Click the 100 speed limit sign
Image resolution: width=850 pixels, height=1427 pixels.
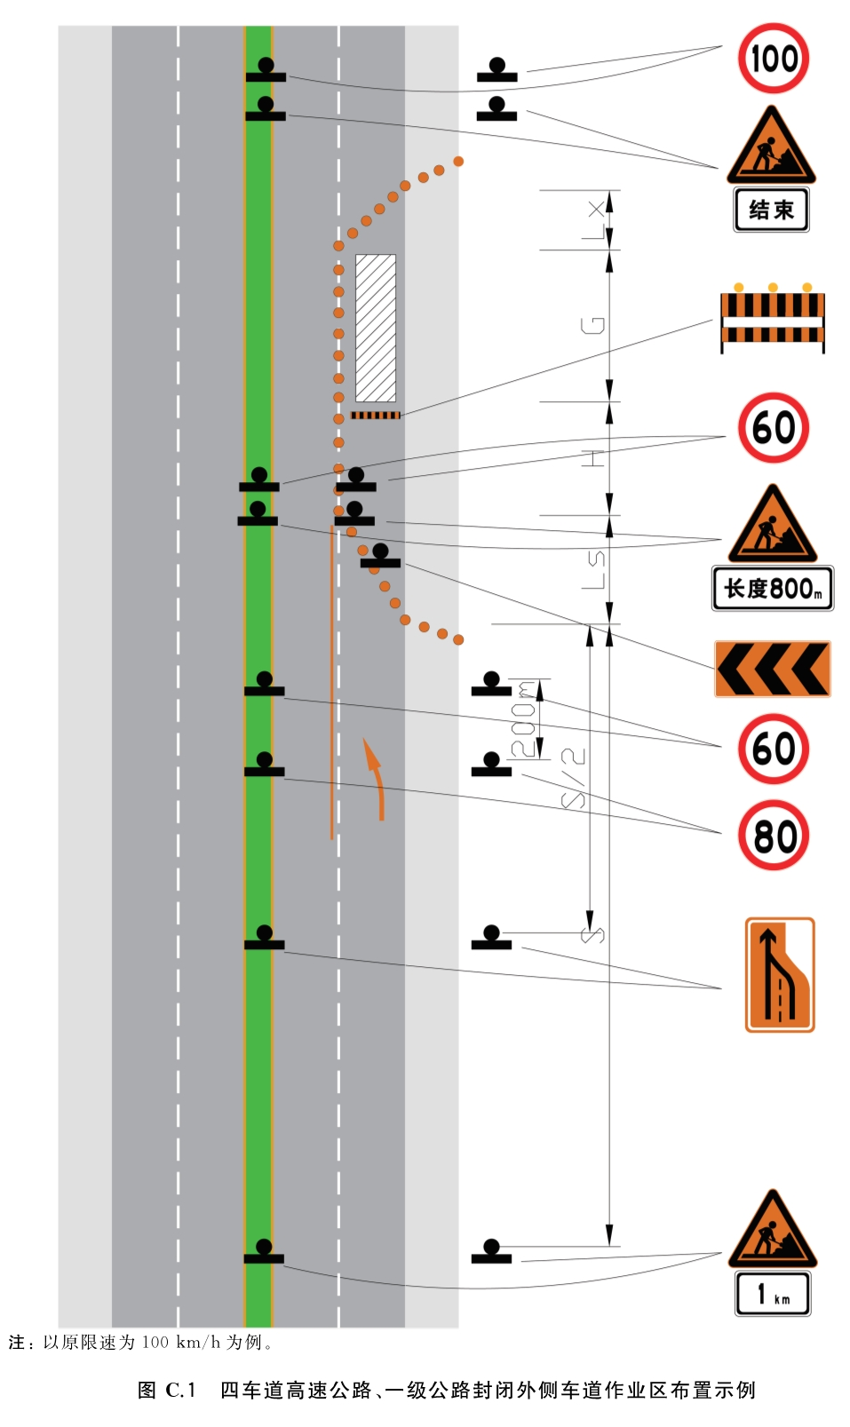click(774, 58)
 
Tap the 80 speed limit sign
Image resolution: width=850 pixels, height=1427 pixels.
click(774, 836)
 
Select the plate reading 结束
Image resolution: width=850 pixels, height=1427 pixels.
click(771, 210)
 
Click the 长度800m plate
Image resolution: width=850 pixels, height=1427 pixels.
click(772, 588)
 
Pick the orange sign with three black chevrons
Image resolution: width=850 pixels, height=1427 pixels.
click(772, 669)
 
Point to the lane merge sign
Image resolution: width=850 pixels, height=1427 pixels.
click(780, 975)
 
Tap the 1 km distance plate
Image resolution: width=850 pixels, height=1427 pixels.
click(773, 1294)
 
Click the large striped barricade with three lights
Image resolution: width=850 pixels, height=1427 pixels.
click(772, 318)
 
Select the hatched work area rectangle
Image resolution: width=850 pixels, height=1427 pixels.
click(376, 328)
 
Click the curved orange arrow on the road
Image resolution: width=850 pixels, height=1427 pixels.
click(378, 781)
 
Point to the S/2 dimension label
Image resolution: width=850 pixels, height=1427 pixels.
click(573, 779)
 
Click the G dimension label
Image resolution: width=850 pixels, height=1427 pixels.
click(592, 326)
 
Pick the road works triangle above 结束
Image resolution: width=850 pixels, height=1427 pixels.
click(771, 147)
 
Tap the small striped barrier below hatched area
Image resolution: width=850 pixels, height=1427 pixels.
click(376, 416)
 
